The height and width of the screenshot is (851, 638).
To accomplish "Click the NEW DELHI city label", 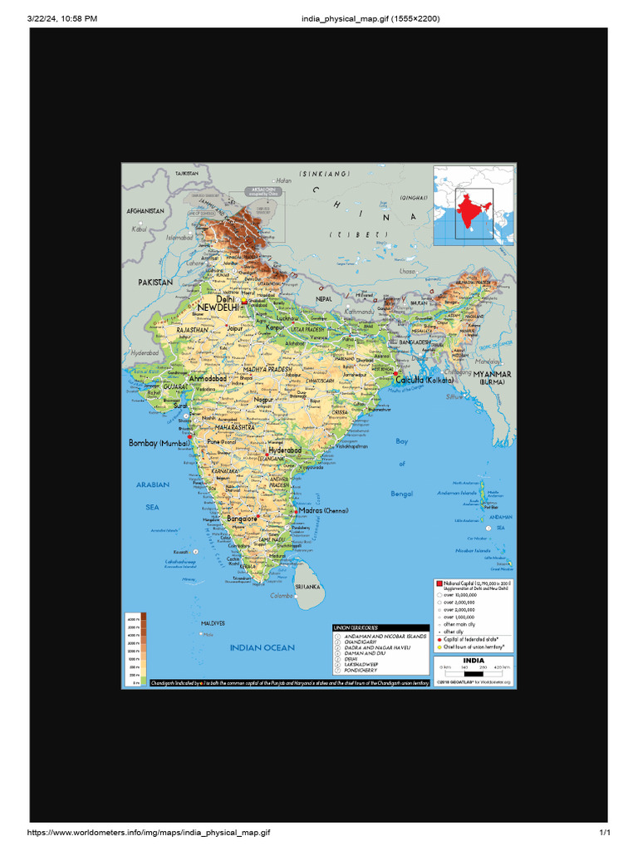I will coord(218,307).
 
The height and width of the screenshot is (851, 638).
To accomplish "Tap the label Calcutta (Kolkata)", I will coord(425,380).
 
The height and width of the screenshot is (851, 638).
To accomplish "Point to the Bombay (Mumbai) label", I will coord(159,443).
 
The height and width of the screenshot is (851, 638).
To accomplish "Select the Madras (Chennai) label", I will coord(325,509).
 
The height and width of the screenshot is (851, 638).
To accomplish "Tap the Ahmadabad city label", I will coord(208,378).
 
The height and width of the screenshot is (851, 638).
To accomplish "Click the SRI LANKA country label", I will coord(307,586).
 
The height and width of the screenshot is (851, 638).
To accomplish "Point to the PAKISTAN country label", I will coord(155,283).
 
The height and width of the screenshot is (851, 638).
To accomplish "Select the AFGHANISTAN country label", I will coord(145,211).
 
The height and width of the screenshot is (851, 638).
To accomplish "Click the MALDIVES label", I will coord(213,622).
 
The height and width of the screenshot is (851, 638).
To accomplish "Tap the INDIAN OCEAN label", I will coord(262,647).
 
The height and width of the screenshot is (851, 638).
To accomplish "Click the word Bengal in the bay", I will coord(402,494).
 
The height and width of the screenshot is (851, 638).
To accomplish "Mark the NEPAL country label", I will coord(324,298).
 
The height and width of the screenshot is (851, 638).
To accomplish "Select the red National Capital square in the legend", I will coord(439,585).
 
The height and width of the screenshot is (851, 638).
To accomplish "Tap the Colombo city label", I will coord(282,596).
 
